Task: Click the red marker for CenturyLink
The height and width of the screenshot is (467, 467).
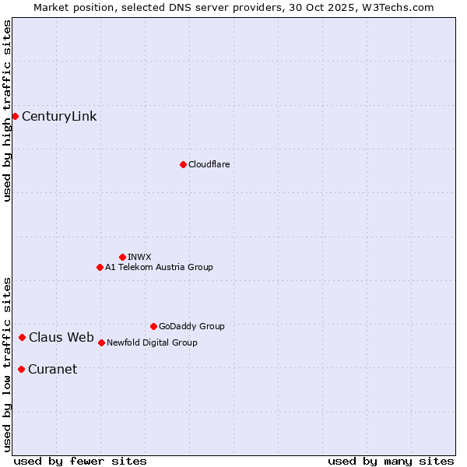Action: tap(15, 116)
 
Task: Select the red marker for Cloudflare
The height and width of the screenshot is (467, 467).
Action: tap(183, 164)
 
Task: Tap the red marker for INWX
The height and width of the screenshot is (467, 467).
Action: tap(122, 257)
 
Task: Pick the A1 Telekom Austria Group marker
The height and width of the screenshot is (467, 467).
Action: tap(100, 267)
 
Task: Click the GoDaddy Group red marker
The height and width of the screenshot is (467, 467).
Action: tap(153, 326)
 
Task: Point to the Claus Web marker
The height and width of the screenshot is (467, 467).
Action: tap(22, 337)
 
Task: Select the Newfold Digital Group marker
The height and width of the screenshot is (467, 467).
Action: tap(101, 342)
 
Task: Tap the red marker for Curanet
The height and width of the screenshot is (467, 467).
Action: tap(21, 369)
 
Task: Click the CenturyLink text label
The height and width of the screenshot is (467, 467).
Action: tap(59, 117)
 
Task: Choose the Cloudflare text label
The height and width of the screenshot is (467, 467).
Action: tap(209, 164)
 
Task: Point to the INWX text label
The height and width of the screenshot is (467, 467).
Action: tap(139, 257)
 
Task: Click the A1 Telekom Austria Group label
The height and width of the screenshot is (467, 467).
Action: tap(159, 267)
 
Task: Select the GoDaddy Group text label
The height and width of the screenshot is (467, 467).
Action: tap(191, 326)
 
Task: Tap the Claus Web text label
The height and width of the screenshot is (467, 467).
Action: tap(61, 338)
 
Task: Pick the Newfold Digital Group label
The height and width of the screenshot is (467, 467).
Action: tap(152, 342)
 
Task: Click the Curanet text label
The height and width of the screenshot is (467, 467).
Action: tap(52, 370)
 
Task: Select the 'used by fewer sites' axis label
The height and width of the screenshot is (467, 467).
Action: tap(80, 461)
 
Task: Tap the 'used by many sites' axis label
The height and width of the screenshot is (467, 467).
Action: tap(391, 461)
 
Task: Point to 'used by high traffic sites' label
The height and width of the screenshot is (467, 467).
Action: tap(7, 111)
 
